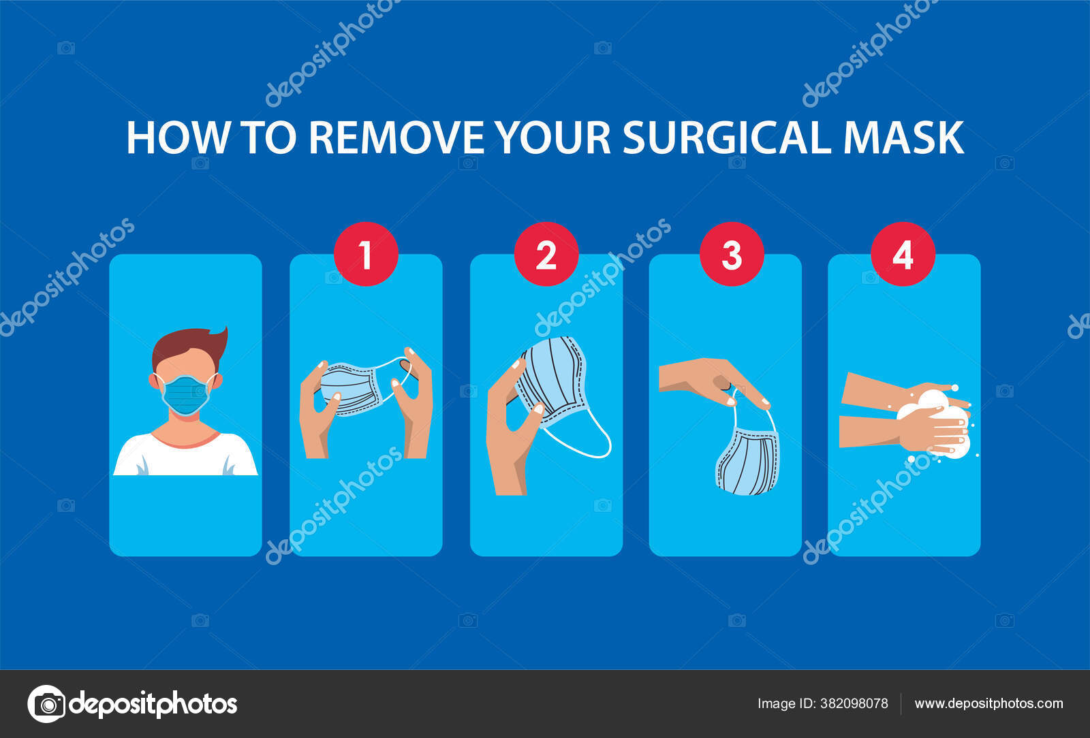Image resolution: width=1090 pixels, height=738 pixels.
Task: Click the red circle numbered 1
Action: tap(366, 254)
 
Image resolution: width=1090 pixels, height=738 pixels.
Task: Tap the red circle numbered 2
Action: tap(546, 254)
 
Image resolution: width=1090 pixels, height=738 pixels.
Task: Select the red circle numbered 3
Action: tap(731, 254)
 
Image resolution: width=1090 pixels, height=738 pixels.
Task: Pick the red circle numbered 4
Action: tap(903, 254)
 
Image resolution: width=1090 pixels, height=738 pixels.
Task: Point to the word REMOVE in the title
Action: tap(396, 138)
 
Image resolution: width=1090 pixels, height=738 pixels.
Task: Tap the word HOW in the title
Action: tap(177, 138)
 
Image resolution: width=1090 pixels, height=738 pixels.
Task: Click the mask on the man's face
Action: tap(186, 394)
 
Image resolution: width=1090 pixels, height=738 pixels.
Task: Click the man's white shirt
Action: tap(185, 458)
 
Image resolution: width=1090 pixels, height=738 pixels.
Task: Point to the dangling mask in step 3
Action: tap(747, 460)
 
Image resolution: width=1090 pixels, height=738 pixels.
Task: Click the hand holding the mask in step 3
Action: tap(708, 378)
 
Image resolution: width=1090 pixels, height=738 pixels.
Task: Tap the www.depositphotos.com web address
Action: tap(988, 704)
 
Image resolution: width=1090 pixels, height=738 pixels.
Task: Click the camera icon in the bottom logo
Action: tap(46, 704)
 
